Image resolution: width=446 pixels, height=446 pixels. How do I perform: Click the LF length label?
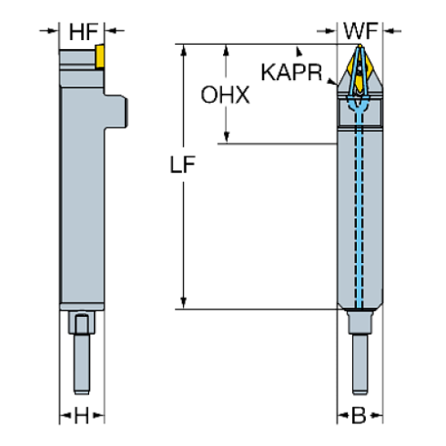[x=185, y=167]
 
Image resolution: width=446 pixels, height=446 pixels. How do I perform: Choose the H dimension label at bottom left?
[x=83, y=416]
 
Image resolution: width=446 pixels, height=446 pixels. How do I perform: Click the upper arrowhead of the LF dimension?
[x=185, y=50]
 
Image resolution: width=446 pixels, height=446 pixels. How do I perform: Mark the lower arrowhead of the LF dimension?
[x=185, y=302]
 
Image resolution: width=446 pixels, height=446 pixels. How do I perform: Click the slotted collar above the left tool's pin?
[x=83, y=323]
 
